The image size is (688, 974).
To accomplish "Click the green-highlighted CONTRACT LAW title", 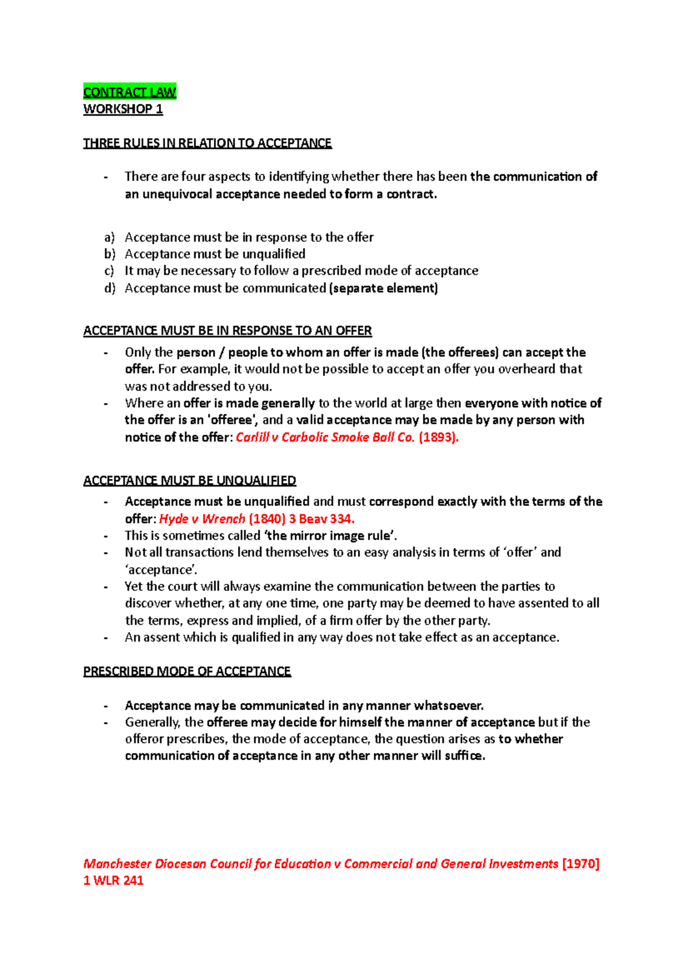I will click(130, 92).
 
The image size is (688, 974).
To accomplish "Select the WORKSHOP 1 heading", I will click(123, 109).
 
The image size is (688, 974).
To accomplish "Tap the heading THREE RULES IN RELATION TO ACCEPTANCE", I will click(207, 143).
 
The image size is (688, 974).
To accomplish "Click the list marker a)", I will click(109, 237).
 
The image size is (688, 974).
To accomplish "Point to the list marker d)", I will click(110, 288).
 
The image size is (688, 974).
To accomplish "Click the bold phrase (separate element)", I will click(384, 288).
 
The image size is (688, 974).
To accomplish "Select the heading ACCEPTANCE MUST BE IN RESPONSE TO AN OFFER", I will click(227, 330).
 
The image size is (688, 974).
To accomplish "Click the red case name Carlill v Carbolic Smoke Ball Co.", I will click(325, 437).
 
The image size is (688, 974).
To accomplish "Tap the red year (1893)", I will click(439, 437).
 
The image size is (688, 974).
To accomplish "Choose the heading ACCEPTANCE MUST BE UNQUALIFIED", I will click(189, 480).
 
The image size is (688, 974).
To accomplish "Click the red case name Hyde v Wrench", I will click(202, 519).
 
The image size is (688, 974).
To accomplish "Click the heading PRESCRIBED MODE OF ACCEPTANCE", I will click(187, 671).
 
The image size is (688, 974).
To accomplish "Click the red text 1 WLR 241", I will click(113, 880).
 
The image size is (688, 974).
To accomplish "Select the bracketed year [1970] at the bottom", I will click(581, 863).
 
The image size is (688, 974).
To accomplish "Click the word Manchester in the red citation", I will click(118, 863).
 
